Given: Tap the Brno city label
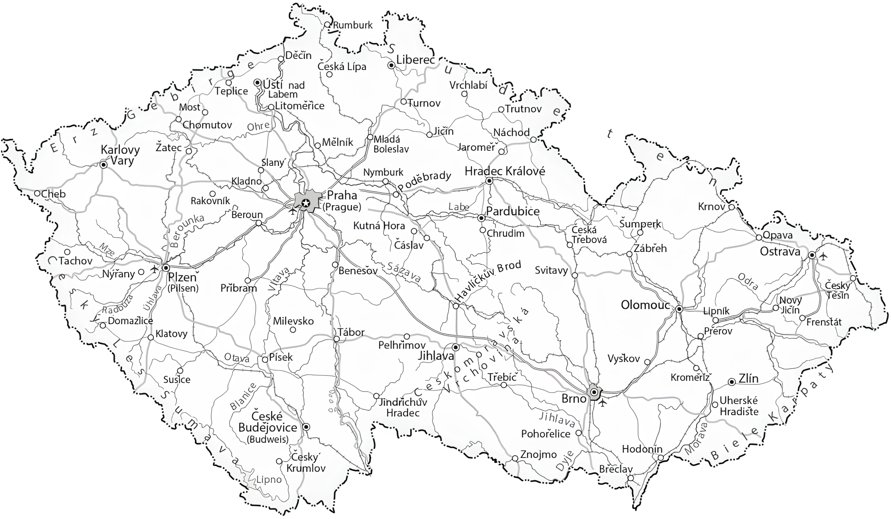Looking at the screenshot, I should tap(574, 398).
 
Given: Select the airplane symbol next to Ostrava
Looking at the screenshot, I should tap(823, 256).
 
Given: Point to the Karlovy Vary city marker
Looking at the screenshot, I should tap(103, 165).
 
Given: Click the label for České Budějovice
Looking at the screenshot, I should tap(268, 422).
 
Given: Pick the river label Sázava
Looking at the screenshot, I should tap(403, 273).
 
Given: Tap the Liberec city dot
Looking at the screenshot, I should tap(391, 65).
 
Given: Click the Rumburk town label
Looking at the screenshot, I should tap(353, 25).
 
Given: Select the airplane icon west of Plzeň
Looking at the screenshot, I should tap(154, 269).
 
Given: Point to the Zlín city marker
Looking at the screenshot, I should tap(732, 382).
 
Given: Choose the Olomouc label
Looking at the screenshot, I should tap(645, 305).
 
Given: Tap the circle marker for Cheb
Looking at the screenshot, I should tap(37, 193).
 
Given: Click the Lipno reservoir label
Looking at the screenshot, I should tap(269, 479).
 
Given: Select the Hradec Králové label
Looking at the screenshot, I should tap(505, 171).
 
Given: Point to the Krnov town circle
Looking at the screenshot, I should tap(732, 207).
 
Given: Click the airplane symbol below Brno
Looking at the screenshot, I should tap(603, 403).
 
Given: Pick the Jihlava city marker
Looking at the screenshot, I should tap(456, 347).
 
